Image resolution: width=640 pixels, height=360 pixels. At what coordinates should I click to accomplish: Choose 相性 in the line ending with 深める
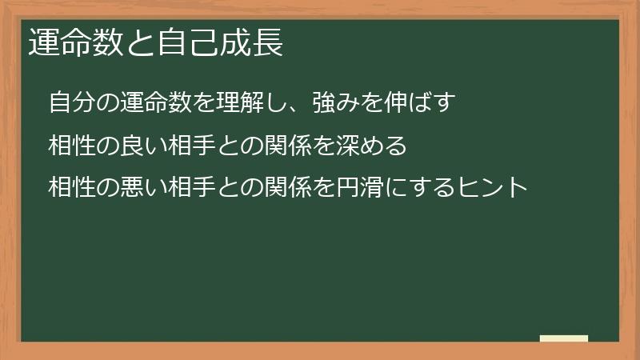click(x=73, y=146)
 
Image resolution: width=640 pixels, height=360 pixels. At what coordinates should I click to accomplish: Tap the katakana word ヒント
click(x=493, y=188)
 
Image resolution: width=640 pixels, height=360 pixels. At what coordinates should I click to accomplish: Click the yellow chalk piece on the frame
click(x=563, y=338)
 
